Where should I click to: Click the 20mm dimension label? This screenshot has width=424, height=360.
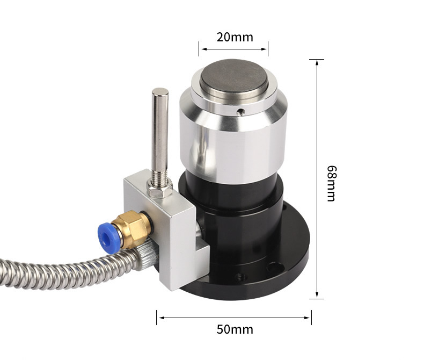click(235, 38)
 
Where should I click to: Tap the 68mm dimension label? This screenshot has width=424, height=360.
click(332, 184)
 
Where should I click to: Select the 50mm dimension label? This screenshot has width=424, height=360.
click(235, 329)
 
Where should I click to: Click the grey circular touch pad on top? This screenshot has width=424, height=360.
click(234, 76)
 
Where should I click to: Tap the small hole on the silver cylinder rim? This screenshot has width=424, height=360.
click(240, 112)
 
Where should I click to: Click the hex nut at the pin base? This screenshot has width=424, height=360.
click(159, 190)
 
